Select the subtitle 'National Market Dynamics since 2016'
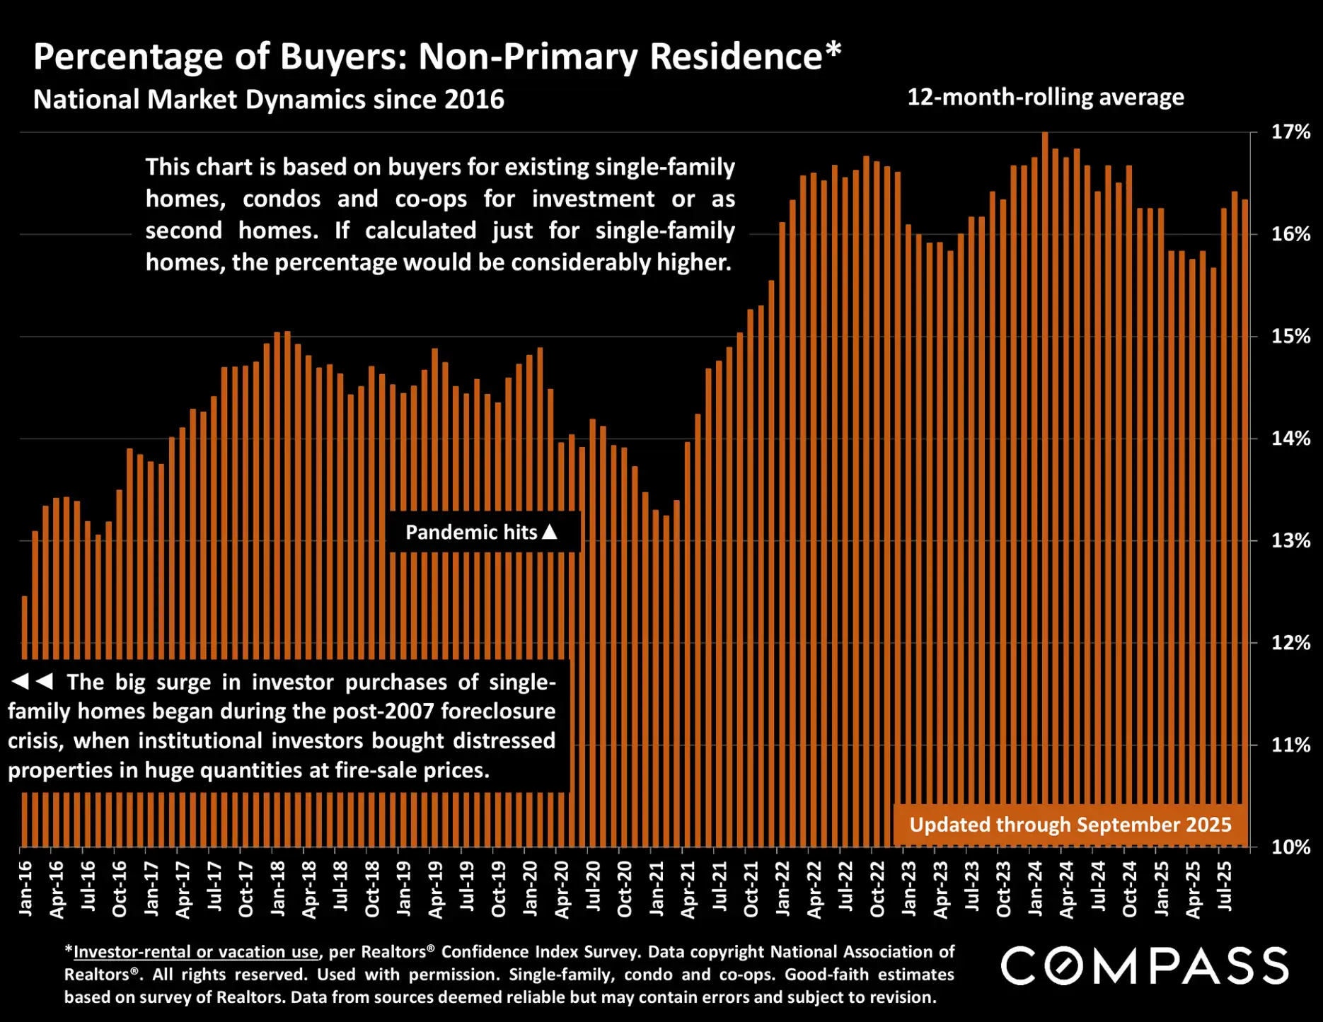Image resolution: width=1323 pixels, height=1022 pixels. [x=269, y=99]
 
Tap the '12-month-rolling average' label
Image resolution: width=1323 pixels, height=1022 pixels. [x=1045, y=97]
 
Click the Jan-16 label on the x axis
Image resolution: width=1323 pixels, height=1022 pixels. [x=25, y=888]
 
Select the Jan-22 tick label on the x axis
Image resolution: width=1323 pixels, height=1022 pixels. [x=782, y=888]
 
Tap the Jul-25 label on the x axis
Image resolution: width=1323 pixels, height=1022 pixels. [x=1225, y=887]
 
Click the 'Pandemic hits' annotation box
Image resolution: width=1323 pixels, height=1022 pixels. [x=483, y=532]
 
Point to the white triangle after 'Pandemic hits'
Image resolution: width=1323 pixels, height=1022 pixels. [x=550, y=531]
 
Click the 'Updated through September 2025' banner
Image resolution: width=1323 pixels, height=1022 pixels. [x=1070, y=825]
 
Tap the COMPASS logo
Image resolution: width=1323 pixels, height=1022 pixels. [x=1144, y=966]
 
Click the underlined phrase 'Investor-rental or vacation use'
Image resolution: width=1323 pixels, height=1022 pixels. [x=196, y=952]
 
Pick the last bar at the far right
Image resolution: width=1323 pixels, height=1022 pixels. [x=1244, y=495]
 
